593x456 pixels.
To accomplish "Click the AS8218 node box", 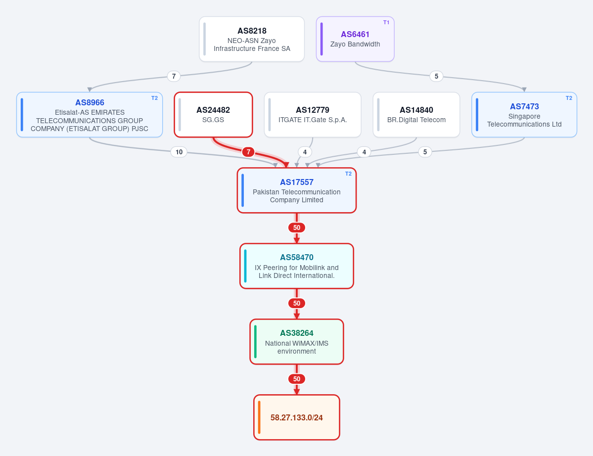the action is pyautogui.click(x=252, y=39).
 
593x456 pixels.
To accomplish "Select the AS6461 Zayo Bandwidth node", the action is pyautogui.click(x=355, y=39).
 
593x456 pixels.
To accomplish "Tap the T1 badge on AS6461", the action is pyautogui.click(x=386, y=22).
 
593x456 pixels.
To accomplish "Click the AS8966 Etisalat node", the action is pyautogui.click(x=90, y=115).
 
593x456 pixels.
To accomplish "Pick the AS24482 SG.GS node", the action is pyautogui.click(x=213, y=115).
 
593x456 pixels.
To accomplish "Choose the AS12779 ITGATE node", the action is pyautogui.click(x=313, y=115).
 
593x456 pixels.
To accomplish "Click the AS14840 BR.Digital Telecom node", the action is pyautogui.click(x=416, y=115).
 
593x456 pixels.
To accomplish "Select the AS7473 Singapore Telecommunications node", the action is pyautogui.click(x=524, y=115).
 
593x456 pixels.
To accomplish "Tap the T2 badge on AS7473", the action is pyautogui.click(x=569, y=98).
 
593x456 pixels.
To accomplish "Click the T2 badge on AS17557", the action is pyautogui.click(x=348, y=174).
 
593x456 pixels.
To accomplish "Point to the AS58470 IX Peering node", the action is pyautogui.click(x=297, y=266).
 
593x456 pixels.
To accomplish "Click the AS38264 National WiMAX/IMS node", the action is pyautogui.click(x=297, y=341).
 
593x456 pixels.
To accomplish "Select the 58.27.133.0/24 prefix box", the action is pyautogui.click(x=297, y=417).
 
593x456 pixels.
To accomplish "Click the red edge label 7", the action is pyautogui.click(x=248, y=152).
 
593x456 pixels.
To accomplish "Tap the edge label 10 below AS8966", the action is pyautogui.click(x=179, y=152).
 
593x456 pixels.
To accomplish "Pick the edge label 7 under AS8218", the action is pyautogui.click(x=174, y=76).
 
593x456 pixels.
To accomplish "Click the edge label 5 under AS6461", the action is pyautogui.click(x=436, y=76).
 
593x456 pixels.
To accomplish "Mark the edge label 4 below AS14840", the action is pyautogui.click(x=364, y=152).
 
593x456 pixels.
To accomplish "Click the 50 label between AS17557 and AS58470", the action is pyautogui.click(x=297, y=228).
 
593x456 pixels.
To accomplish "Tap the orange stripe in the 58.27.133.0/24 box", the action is pyautogui.click(x=259, y=417).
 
